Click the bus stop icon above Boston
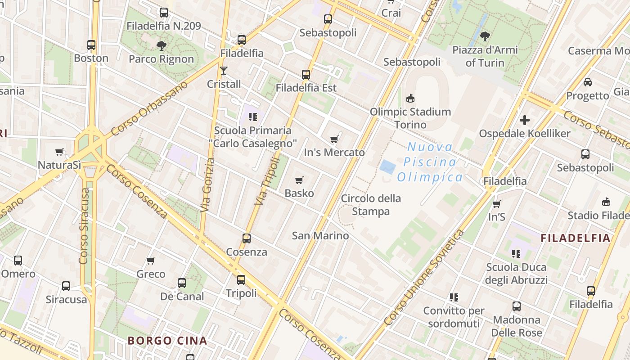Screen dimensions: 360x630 click(x=91, y=45)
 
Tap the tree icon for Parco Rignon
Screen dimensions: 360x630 click(x=161, y=45)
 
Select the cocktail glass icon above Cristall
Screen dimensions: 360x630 click(x=223, y=71)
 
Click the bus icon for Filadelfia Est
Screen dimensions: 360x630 click(x=306, y=75)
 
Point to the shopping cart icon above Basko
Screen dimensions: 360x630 click(x=299, y=180)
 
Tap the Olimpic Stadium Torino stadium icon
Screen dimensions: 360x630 click(x=410, y=98)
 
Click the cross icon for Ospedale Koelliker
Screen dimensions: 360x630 click(x=525, y=120)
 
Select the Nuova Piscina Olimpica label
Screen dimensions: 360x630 click(x=430, y=162)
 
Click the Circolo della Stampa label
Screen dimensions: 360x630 click(x=371, y=205)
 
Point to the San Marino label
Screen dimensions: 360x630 click(x=320, y=235)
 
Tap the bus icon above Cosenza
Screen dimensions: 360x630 click(x=246, y=238)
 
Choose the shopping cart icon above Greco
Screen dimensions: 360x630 click(x=151, y=261)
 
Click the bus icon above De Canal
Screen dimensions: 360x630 click(x=182, y=283)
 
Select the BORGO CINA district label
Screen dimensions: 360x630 click(x=167, y=341)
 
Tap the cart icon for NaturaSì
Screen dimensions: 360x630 click(x=59, y=152)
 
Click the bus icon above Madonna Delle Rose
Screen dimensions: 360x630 click(x=517, y=306)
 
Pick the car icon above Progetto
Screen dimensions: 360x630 click(x=587, y=82)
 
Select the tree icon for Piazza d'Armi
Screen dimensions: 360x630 click(x=485, y=36)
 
